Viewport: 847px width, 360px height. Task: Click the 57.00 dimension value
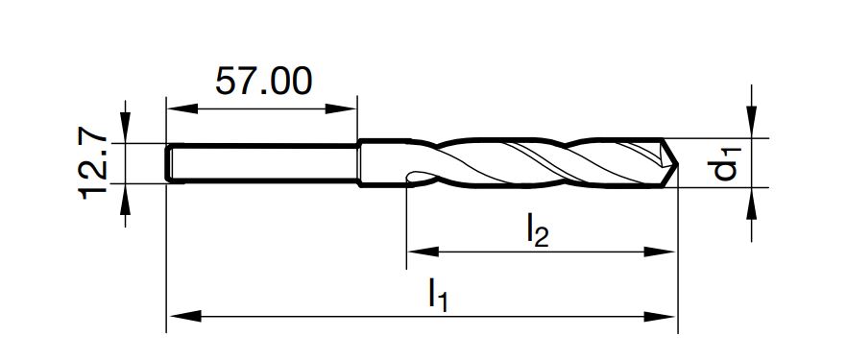coord(263,82)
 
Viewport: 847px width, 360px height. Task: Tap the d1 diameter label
coord(723,163)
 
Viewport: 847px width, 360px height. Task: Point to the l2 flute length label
coord(537,230)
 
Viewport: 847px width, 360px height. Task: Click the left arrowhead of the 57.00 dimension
coord(182,108)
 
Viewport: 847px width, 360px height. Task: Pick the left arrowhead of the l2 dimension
coord(423,252)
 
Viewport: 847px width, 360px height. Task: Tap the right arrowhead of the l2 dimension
coord(660,252)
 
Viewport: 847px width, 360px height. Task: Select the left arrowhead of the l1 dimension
coord(184,316)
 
